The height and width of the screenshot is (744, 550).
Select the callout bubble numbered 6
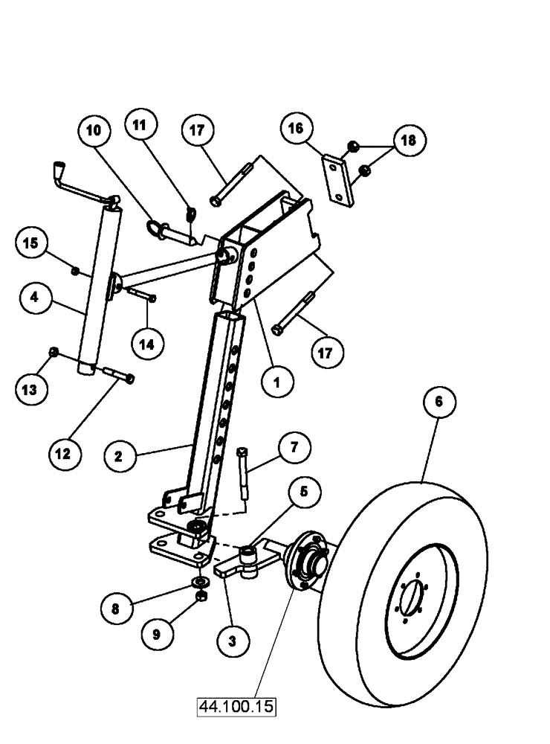[440, 402]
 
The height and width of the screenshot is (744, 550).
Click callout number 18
[410, 141]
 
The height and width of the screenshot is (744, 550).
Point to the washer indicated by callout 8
[200, 581]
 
